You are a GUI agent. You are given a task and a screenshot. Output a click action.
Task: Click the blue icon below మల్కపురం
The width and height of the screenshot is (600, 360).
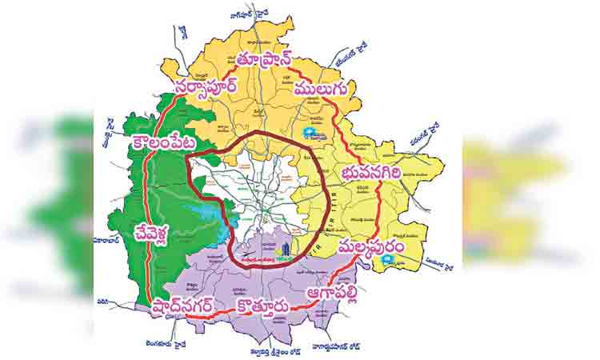coord(387,260)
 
